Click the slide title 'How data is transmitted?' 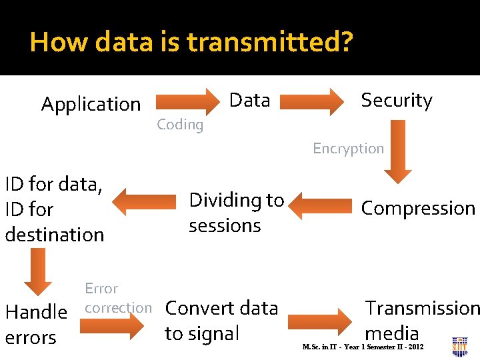pyautogui.click(x=191, y=42)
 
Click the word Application pyautogui.click(x=91, y=104)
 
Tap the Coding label pyautogui.click(x=180, y=125)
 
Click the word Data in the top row pyautogui.click(x=249, y=100)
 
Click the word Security pyautogui.click(x=397, y=100)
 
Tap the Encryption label pyautogui.click(x=349, y=149)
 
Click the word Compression pyautogui.click(x=418, y=208)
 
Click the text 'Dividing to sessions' pyautogui.click(x=237, y=212)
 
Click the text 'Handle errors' pyautogui.click(x=36, y=324)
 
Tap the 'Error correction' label pyautogui.click(x=117, y=298)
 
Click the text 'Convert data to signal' pyautogui.click(x=221, y=320)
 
